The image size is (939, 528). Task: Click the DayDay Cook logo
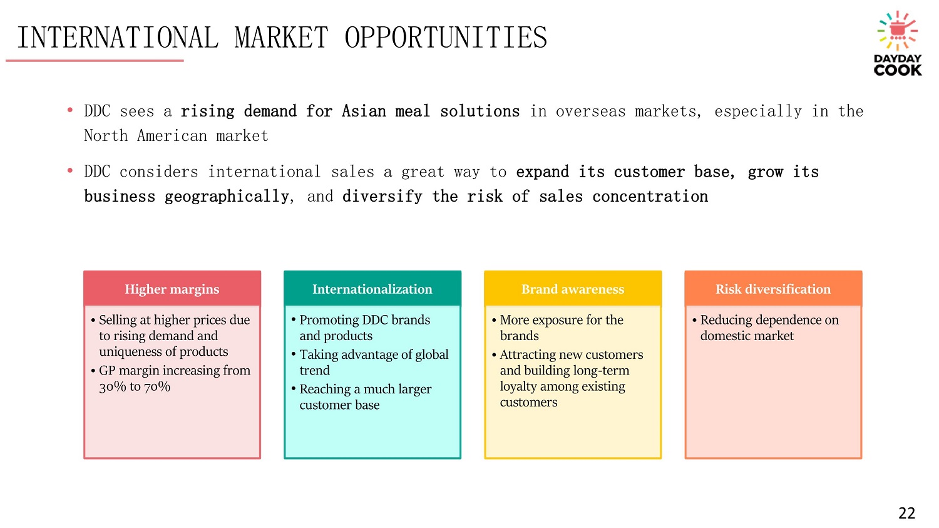click(898, 43)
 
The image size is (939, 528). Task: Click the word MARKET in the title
click(281, 38)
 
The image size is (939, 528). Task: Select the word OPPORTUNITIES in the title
click(446, 38)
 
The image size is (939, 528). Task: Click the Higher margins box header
click(172, 289)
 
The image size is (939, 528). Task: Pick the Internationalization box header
click(372, 289)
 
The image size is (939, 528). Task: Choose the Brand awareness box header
click(573, 289)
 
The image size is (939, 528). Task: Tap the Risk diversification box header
click(773, 289)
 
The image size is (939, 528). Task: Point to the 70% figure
click(157, 386)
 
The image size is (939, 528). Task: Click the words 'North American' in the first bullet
click(145, 135)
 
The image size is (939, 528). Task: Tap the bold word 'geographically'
click(227, 196)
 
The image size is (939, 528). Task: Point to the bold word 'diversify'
click(382, 196)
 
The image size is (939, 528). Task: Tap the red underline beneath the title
click(95, 61)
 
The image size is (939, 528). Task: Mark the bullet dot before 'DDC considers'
click(70, 171)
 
